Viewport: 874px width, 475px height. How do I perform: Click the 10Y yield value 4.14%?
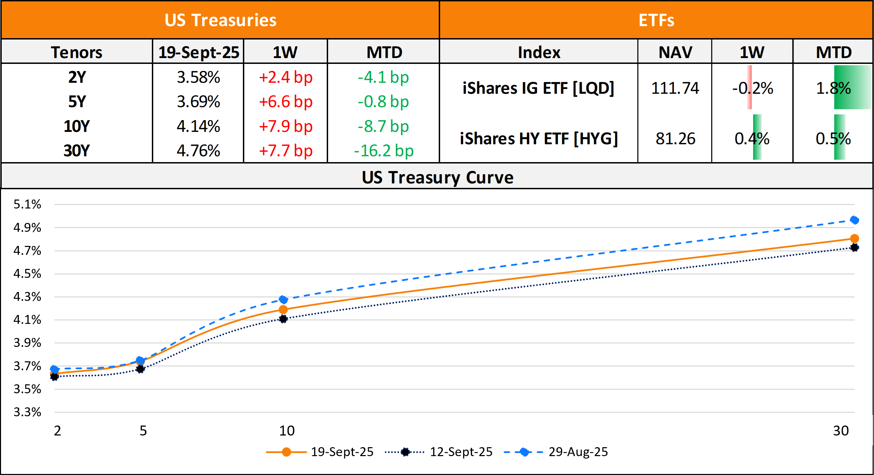point(198,126)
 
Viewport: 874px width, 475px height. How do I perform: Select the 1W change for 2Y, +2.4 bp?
point(285,77)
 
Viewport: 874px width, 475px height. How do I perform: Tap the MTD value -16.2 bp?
point(383,151)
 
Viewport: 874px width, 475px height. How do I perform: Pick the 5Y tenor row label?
point(77,102)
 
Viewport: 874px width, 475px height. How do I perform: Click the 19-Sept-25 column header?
point(199,52)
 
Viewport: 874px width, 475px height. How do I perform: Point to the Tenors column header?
point(77,52)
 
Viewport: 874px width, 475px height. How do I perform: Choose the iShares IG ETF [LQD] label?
point(538,88)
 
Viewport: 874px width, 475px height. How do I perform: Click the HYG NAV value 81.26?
point(675,139)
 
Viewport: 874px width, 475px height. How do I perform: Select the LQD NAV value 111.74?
point(675,88)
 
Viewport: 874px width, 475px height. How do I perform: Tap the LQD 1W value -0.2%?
point(752,88)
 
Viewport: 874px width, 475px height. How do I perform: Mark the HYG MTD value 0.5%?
point(833,139)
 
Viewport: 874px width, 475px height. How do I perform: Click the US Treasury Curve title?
point(437,177)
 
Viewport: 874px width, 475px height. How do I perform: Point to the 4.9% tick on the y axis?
point(27,227)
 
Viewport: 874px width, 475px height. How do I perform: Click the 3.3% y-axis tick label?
point(27,412)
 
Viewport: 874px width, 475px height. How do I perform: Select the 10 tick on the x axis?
point(287,431)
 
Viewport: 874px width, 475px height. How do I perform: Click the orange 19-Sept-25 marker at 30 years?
point(854,238)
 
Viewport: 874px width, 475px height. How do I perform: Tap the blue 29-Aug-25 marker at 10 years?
point(283,299)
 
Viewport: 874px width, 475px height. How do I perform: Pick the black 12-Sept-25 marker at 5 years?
point(140,369)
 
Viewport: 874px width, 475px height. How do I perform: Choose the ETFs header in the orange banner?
point(656,20)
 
